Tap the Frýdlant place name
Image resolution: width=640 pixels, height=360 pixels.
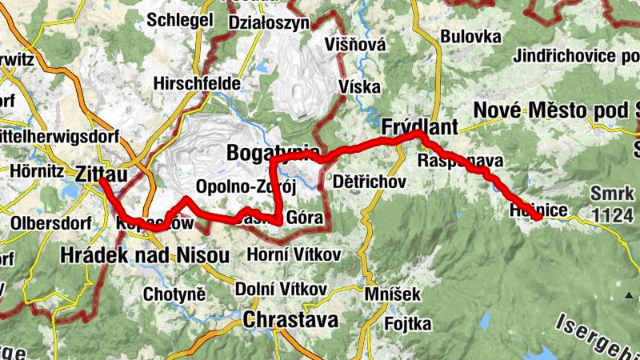tap(419, 127)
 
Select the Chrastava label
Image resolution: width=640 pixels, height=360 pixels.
tap(291, 320)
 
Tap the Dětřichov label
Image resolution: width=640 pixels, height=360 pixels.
tap(368, 182)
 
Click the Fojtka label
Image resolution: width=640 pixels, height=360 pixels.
tap(407, 323)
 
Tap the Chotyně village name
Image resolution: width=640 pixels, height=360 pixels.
tap(174, 294)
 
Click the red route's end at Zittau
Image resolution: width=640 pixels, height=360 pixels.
tap(102, 181)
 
